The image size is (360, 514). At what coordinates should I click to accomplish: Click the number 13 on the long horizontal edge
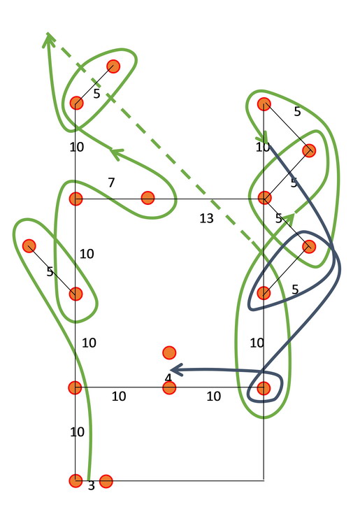(x=206, y=218)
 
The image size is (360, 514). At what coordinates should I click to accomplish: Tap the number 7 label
(x=111, y=183)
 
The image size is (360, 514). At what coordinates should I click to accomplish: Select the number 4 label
(x=168, y=378)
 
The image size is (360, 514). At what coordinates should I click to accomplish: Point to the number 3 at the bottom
(x=92, y=485)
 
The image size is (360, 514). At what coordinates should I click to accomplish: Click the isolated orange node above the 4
(x=169, y=352)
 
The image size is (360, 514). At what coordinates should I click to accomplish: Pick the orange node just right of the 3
(x=106, y=481)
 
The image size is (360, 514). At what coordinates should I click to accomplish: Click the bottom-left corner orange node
(x=75, y=480)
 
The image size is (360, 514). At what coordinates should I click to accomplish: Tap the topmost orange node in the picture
(x=113, y=66)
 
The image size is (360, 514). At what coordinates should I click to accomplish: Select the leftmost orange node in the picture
(x=29, y=246)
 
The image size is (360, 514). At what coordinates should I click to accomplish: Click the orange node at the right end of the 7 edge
(x=147, y=198)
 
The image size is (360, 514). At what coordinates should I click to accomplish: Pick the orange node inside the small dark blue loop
(x=264, y=388)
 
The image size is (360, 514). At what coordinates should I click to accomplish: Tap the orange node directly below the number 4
(x=169, y=388)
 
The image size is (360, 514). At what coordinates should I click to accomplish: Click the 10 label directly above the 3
(x=78, y=432)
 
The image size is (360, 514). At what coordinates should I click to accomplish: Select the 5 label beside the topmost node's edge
(x=96, y=94)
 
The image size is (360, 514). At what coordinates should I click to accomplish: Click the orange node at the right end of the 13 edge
(x=264, y=198)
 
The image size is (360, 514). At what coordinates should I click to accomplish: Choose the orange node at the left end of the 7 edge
(x=75, y=199)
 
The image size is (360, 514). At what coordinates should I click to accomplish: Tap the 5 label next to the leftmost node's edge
(x=50, y=271)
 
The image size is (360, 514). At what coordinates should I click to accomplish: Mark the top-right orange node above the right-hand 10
(x=264, y=104)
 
